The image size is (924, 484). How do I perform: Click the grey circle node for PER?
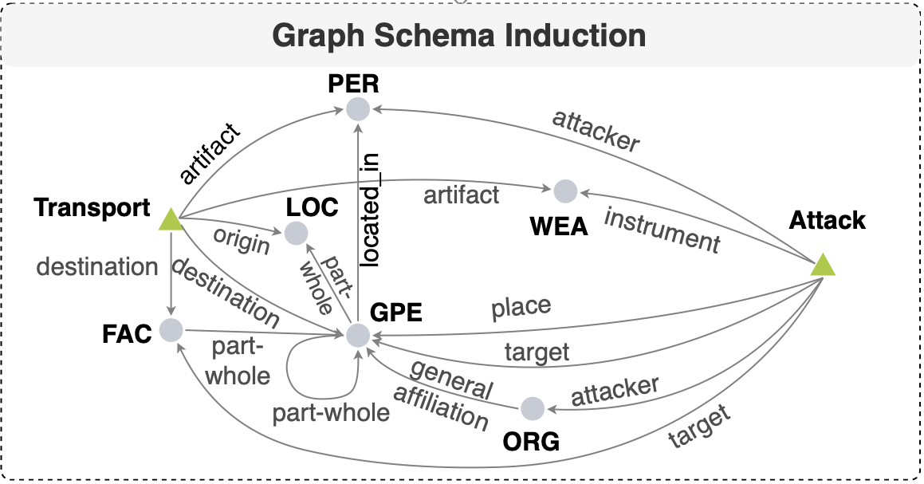click(358, 109)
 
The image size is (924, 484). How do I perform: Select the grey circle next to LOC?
click(296, 233)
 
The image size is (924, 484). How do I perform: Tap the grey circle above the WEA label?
click(565, 191)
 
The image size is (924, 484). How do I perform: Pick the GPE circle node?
click(358, 336)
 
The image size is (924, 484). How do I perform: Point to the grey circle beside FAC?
click(171, 329)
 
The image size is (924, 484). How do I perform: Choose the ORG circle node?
click(533, 409)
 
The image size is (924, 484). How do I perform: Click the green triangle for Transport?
click(170, 219)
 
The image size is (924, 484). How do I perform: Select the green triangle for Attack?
click(823, 265)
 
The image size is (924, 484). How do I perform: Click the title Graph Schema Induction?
click(458, 37)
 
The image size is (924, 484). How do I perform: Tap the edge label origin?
click(242, 240)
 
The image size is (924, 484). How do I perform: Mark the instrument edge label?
click(662, 230)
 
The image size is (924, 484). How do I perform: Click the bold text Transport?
click(92, 207)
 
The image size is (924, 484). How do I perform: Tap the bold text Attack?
click(827, 220)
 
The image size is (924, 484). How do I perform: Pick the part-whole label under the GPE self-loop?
click(331, 412)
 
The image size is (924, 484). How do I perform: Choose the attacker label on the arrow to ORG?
click(615, 391)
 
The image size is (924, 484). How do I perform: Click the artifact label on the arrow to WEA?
click(462, 194)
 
